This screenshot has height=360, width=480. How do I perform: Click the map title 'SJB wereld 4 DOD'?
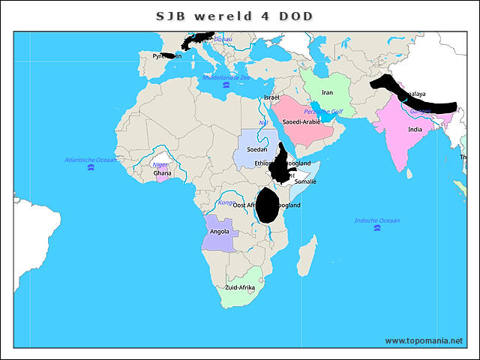tap(234, 16)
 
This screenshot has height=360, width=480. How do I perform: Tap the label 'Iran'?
tap(327, 92)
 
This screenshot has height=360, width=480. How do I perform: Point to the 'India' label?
tap(415, 130)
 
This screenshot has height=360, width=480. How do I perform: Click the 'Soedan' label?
tap(257, 150)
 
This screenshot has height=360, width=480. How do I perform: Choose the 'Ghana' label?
tap(163, 173)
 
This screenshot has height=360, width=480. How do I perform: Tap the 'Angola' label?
tap(220, 232)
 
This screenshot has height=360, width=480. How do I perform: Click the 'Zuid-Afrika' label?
tap(240, 288)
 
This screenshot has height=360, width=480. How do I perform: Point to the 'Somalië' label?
tap(306, 181)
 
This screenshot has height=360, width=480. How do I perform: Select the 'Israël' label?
tap(271, 98)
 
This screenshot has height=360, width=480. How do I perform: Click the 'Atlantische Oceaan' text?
tap(91, 160)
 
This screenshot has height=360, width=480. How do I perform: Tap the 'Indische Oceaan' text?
tap(377, 220)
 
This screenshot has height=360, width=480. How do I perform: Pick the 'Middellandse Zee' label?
tap(226, 77)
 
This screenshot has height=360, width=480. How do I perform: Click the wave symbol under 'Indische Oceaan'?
tap(376, 229)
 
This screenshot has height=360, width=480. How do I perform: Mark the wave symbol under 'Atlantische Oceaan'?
tap(91, 168)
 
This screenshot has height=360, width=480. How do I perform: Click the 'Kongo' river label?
tap(225, 202)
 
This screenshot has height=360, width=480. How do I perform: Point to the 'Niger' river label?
tap(160, 164)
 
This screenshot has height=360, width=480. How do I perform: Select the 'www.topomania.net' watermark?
tap(424, 340)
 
